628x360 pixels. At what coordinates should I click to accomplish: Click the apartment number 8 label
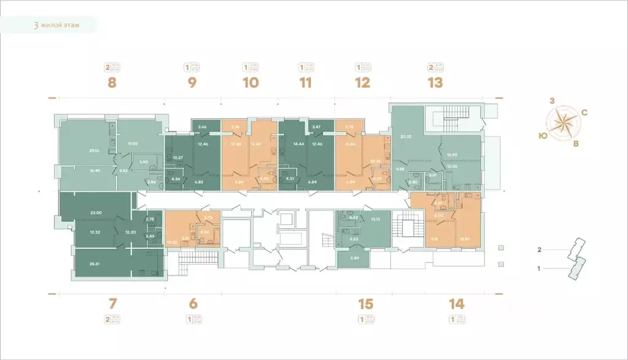112,83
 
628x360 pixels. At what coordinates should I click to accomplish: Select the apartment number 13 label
435,83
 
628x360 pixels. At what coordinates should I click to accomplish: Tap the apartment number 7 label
112,303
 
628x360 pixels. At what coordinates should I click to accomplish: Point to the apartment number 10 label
250,83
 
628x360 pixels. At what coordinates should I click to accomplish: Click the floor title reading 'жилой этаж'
59,25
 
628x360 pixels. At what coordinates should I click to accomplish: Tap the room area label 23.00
95,213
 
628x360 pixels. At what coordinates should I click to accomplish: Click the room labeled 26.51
95,264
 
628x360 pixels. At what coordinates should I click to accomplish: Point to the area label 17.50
133,144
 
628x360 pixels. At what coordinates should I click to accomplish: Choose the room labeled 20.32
405,136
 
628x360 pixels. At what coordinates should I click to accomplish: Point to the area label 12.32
95,232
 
